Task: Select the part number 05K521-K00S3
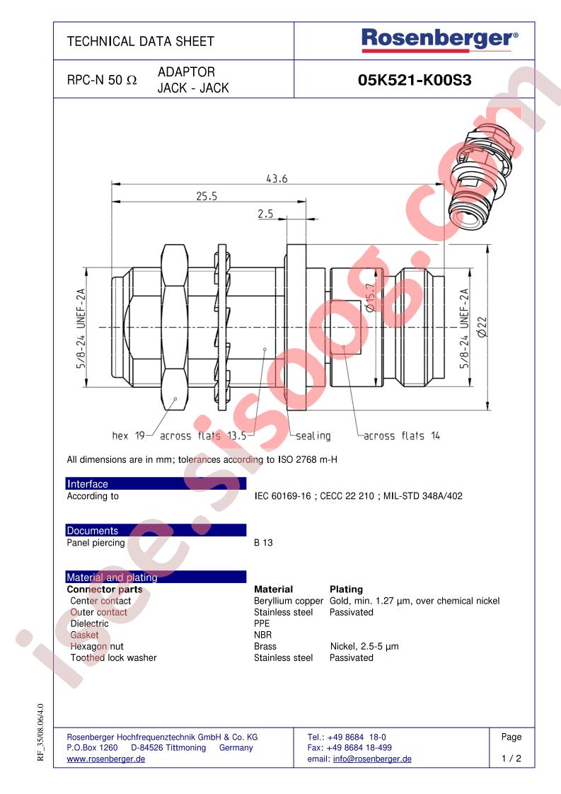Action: point(415,81)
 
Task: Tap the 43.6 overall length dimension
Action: point(277,179)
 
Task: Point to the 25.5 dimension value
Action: point(206,197)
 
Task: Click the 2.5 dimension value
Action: point(265,213)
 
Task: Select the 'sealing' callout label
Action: point(313,436)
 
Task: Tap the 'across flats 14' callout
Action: point(401,436)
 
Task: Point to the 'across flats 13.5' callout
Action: point(202,436)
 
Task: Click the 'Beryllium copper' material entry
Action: point(288,601)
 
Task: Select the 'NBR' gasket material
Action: point(262,635)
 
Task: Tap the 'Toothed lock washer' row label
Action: point(113,657)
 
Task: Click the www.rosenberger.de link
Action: point(105,759)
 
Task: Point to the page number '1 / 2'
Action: point(511,759)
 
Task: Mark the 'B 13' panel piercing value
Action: point(263,543)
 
